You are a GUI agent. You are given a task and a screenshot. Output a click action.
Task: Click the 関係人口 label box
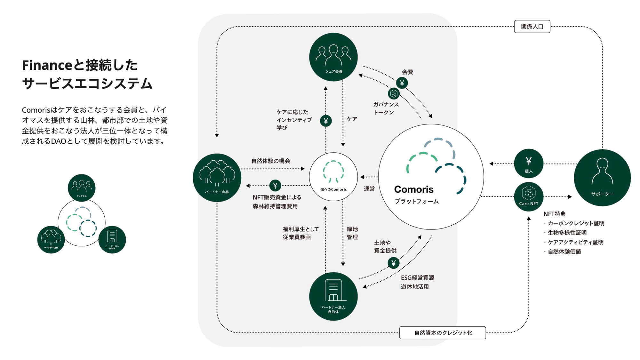[x=532, y=27]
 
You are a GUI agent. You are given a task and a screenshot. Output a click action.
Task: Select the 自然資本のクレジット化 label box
[x=443, y=333]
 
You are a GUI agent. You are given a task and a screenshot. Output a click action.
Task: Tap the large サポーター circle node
[x=602, y=178]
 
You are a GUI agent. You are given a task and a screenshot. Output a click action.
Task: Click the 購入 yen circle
[x=528, y=164]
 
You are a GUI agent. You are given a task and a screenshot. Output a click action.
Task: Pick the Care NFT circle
[x=528, y=196]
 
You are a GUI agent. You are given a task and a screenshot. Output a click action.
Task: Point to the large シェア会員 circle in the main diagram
[x=333, y=57]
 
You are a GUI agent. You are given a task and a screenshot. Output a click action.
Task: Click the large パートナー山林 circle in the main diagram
[x=217, y=178]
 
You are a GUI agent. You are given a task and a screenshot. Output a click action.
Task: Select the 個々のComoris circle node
[x=333, y=177]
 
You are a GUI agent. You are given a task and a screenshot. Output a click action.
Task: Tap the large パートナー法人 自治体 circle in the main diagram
[x=333, y=296]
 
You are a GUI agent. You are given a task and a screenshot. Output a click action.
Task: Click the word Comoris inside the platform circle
[x=414, y=189]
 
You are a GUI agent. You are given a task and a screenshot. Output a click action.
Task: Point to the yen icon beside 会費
[x=402, y=83]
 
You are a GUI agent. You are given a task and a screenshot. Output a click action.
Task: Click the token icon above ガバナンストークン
[x=394, y=94]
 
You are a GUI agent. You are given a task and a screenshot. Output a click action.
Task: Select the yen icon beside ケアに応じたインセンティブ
[x=326, y=121]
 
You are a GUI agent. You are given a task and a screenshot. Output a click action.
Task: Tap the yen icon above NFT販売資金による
[x=275, y=186]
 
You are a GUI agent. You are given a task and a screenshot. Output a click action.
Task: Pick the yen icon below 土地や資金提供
[x=394, y=263]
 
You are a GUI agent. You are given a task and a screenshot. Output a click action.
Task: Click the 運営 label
[x=369, y=189]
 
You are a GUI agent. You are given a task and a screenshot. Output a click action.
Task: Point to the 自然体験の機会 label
[x=271, y=161]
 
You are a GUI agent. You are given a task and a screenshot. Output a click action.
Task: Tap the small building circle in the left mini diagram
[x=112, y=239]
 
